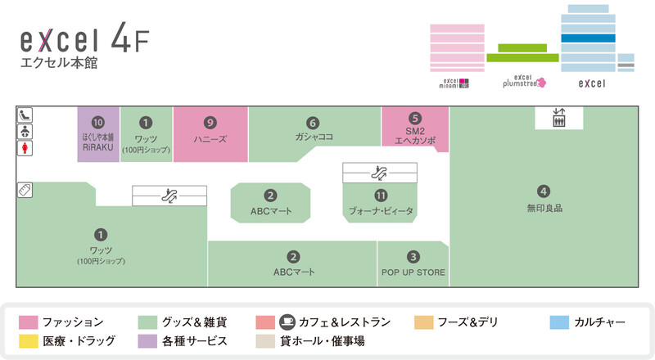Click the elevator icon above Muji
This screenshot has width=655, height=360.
tap(559, 118)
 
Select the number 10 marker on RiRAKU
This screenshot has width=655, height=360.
tap(98, 122)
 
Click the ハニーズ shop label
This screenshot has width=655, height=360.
tap(210, 140)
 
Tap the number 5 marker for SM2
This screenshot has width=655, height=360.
tap(415, 118)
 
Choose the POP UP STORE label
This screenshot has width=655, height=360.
tap(413, 272)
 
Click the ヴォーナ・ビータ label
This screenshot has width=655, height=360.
tap(381, 211)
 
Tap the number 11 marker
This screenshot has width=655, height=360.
tap(381, 196)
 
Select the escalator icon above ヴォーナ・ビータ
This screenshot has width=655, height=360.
tap(379, 173)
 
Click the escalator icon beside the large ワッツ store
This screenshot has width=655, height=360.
tap(169, 196)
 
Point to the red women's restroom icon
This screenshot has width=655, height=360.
tap(25, 148)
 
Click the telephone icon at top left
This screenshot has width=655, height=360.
tap(25, 115)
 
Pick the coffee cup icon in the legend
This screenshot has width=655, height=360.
tap(287, 322)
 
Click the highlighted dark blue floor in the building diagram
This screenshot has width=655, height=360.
tap(587, 38)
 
